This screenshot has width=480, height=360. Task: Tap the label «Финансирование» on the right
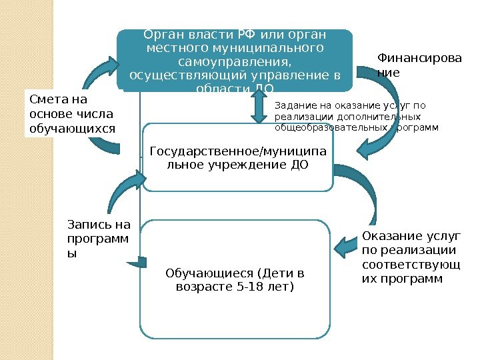(419, 65)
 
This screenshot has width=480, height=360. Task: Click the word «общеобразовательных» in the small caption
(320, 126)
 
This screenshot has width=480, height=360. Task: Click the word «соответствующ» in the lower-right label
(410, 265)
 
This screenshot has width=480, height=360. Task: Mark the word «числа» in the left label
(97, 113)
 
